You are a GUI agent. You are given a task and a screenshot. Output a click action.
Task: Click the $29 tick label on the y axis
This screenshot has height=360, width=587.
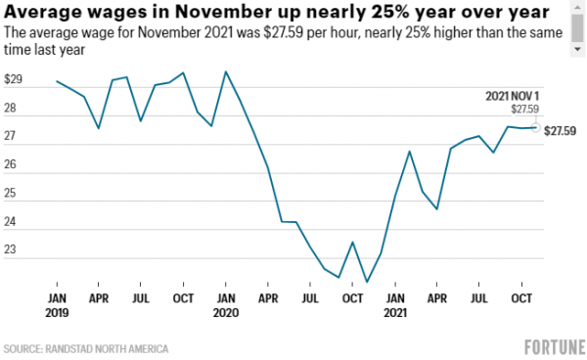tap(14, 78)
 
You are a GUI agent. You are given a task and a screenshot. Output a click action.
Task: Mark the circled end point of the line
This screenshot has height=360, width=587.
tap(535, 127)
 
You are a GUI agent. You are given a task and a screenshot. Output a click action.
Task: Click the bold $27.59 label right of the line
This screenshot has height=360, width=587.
tap(562, 130)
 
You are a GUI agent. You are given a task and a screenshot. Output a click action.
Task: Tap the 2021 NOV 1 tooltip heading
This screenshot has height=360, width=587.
tap(512, 96)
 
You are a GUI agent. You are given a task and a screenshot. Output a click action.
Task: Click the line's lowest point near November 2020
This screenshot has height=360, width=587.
tap(367, 282)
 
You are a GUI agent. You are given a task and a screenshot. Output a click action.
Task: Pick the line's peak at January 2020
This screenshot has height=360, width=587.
tap(226, 71)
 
